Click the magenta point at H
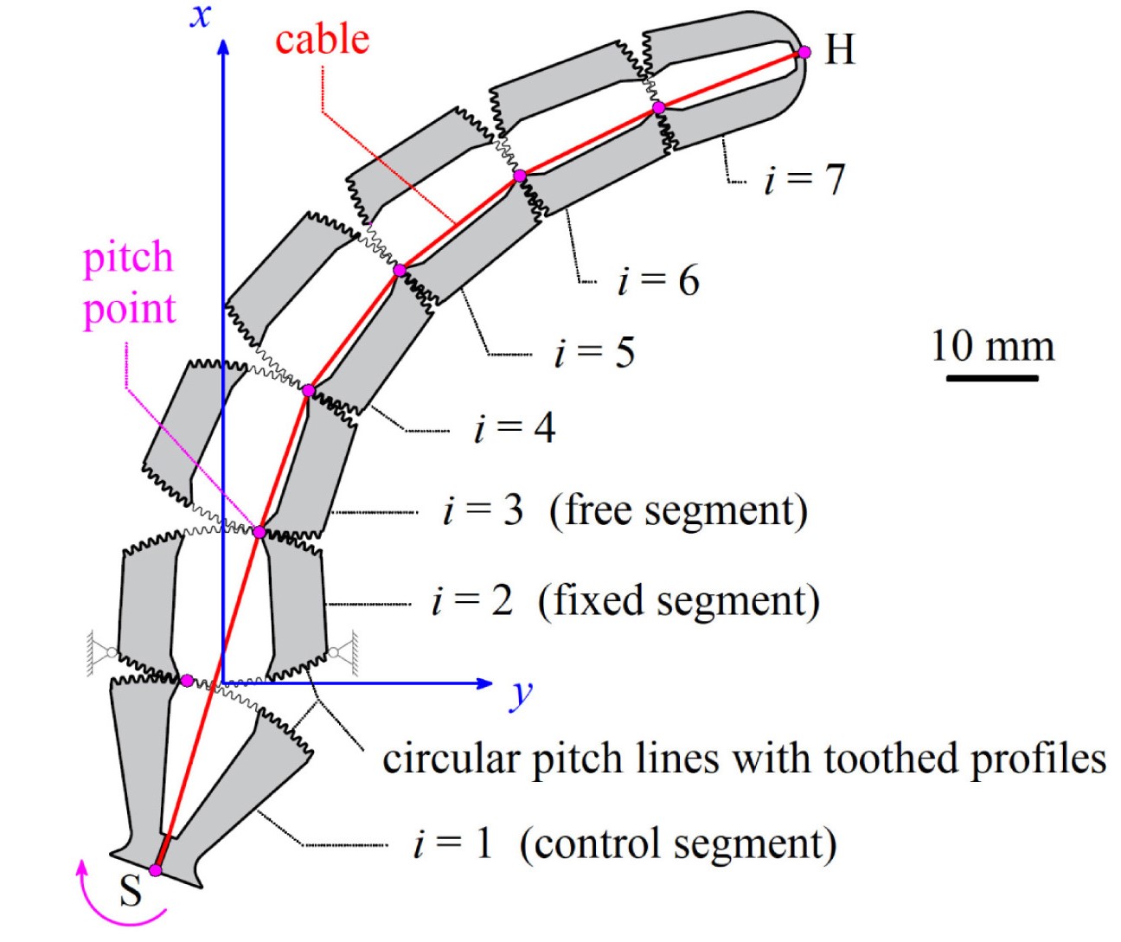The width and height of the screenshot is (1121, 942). (x=804, y=52)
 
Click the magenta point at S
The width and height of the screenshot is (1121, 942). (x=156, y=869)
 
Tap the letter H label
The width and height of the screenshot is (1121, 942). (x=839, y=50)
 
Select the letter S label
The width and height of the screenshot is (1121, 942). (x=131, y=891)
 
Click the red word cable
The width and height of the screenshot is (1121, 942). (x=322, y=40)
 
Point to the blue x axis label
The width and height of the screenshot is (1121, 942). (x=200, y=16)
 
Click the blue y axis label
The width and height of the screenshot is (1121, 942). (x=520, y=693)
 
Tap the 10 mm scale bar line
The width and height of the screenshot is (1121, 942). (x=991, y=378)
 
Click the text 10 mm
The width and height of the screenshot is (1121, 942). (x=992, y=346)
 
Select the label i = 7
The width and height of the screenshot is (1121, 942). (x=804, y=180)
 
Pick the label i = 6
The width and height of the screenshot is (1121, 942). (x=658, y=280)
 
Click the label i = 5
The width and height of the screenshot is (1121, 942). (x=594, y=352)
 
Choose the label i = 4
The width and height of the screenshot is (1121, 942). (x=515, y=428)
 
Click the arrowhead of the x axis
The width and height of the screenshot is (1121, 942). (x=223, y=45)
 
